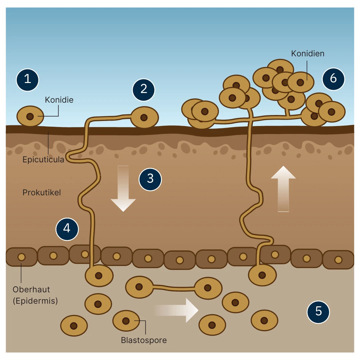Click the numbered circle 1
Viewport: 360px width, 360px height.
pos(28,80)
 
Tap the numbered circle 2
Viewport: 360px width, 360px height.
pos(144,90)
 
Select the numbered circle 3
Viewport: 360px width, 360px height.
pos(150,179)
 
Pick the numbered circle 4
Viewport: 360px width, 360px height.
pos(67,229)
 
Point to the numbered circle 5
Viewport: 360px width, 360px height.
pos(318,312)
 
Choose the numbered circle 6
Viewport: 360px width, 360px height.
pos(333,79)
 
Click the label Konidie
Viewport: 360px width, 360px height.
pos(59,100)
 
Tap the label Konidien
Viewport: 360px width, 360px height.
pos(308,53)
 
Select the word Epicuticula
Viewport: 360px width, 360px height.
pos(43,160)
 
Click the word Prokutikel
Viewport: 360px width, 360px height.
pos(42,192)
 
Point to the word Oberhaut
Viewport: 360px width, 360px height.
pos(31,290)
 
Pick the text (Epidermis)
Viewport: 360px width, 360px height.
pos(35,301)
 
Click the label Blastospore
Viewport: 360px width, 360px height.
pos(144,340)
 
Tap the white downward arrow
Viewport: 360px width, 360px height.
pos(123,189)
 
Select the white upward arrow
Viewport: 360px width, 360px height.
pos(283,189)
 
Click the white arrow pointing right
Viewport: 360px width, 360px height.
pos(176,310)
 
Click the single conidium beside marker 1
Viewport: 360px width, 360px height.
pos(30,116)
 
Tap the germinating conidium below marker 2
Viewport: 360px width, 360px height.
pos(144,117)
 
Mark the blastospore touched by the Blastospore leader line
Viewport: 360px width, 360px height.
pos(126,321)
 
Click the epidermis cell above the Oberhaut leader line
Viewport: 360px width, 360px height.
pos(21,257)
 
